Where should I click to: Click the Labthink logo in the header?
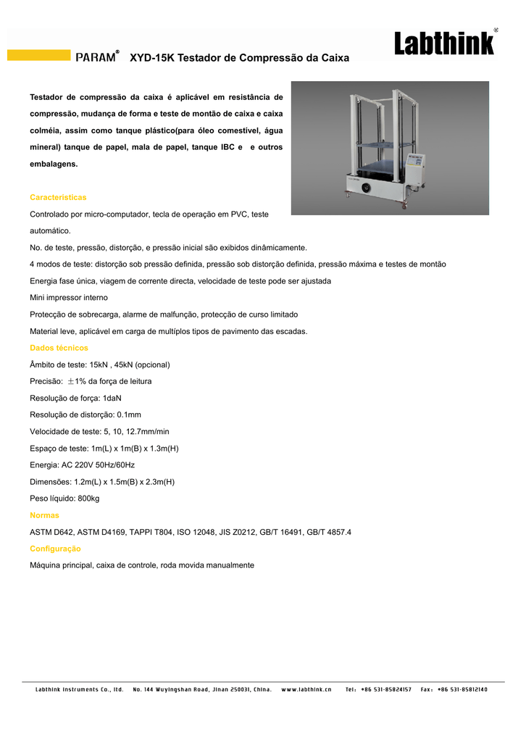pos(445,43)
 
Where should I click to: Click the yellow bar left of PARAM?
pos(38,55)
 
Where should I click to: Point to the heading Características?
pos(58,198)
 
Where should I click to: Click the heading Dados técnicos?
pos(59,348)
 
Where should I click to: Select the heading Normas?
pos(44,515)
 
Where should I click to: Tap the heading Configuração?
pos(55,549)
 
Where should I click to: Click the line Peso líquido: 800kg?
pos(64,499)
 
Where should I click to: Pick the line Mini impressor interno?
pos(69,298)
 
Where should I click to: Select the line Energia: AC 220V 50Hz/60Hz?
pos(82,464)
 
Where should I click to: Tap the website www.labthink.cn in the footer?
pos(306,689)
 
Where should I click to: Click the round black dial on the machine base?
pos(366,188)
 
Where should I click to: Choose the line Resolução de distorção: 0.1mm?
pos(85,414)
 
